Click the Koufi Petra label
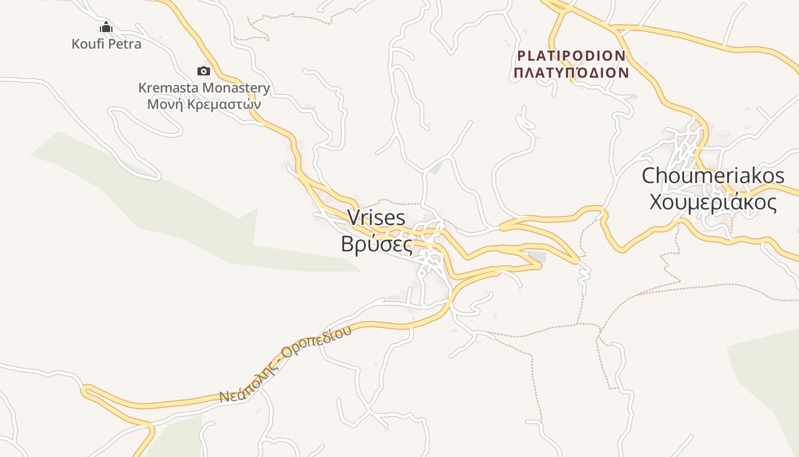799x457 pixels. (106, 43)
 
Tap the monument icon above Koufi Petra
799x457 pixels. (106, 27)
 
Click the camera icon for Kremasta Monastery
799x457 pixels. (204, 71)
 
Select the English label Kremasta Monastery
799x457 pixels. (204, 88)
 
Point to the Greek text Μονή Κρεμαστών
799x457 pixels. (204, 105)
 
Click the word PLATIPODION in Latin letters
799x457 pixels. (571, 56)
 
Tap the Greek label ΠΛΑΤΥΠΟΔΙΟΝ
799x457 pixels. (571, 73)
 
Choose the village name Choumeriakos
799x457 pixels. (713, 175)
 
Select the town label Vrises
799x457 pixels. (376, 218)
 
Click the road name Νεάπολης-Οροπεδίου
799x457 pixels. (285, 366)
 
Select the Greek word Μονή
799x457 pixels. (162, 105)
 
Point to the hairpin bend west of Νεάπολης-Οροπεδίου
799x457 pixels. (86, 391)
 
